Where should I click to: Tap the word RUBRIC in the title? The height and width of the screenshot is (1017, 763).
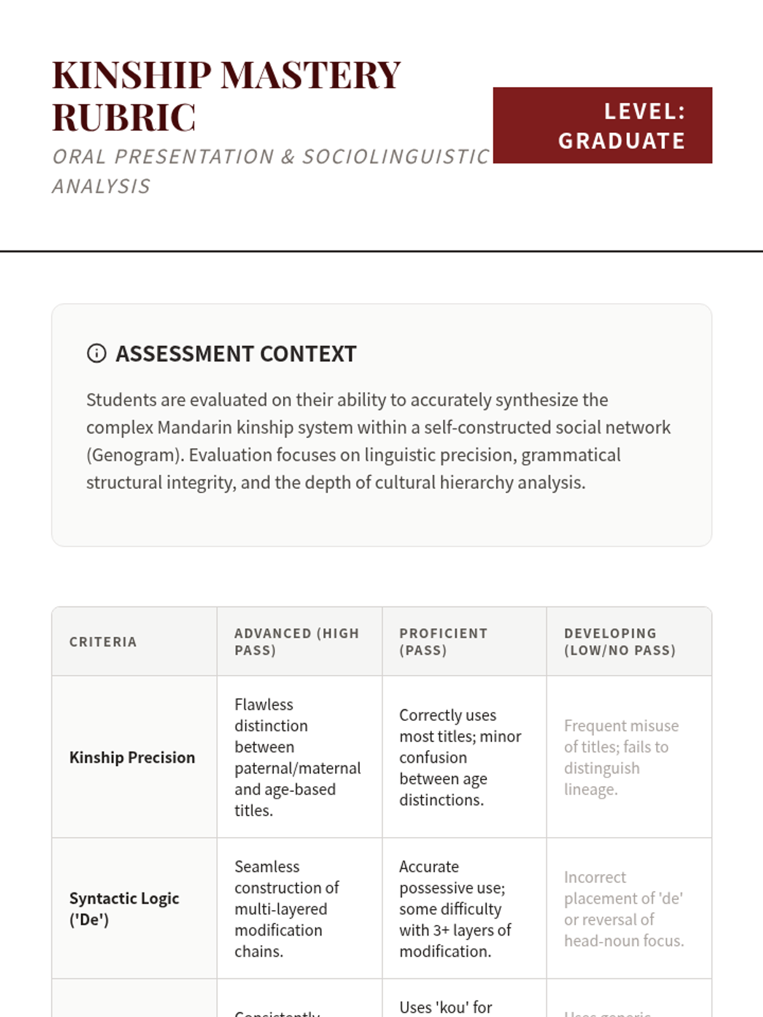click(x=124, y=118)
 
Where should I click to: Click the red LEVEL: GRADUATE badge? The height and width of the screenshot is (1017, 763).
click(x=602, y=126)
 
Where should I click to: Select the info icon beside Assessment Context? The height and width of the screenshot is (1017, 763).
click(x=97, y=353)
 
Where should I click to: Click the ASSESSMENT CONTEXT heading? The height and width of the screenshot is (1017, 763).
click(x=236, y=354)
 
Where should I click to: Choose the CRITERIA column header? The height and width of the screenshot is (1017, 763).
click(x=103, y=642)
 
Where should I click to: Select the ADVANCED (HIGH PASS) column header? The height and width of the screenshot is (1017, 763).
click(x=297, y=642)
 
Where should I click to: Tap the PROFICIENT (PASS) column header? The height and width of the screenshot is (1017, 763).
click(x=443, y=642)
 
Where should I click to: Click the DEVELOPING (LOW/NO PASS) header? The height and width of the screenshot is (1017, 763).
click(x=619, y=642)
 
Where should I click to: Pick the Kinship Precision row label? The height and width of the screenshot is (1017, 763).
click(x=132, y=758)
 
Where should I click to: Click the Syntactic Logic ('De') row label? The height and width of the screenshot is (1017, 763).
click(x=124, y=909)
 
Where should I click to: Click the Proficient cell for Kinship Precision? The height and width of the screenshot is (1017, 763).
click(x=460, y=758)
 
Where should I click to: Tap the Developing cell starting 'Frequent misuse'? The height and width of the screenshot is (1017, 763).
click(x=621, y=758)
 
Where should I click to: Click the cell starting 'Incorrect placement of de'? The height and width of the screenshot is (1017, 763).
click(x=623, y=909)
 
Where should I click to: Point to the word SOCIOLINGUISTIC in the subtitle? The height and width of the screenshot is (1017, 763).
click(x=395, y=157)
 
